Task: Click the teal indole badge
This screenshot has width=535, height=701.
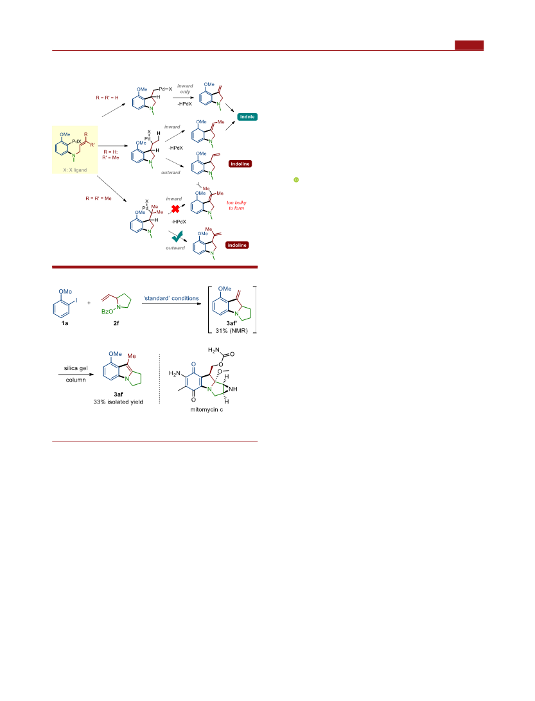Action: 247,117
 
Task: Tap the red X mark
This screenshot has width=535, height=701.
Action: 175,209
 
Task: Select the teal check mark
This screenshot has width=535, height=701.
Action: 177,236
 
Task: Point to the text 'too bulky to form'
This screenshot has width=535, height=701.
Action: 236,205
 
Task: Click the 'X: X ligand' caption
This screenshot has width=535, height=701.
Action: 75,170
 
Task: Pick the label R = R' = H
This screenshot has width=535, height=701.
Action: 107,98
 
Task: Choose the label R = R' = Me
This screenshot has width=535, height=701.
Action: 99,198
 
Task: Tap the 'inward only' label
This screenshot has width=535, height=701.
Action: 185,89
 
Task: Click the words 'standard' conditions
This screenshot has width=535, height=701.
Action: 171,298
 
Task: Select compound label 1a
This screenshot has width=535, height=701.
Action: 65,323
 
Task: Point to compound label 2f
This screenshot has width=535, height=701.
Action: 116,323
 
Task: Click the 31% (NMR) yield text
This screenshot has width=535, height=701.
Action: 231,331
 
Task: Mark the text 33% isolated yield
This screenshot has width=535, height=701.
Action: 118,402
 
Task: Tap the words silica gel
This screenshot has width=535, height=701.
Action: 76,368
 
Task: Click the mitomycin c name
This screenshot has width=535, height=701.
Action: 207,409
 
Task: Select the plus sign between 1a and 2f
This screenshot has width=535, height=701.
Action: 89,303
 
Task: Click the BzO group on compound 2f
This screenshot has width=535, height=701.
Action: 107,312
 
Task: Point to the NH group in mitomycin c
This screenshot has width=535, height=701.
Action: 233,389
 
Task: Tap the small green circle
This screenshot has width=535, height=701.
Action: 296,180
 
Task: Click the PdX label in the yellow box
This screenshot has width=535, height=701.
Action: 77,141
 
